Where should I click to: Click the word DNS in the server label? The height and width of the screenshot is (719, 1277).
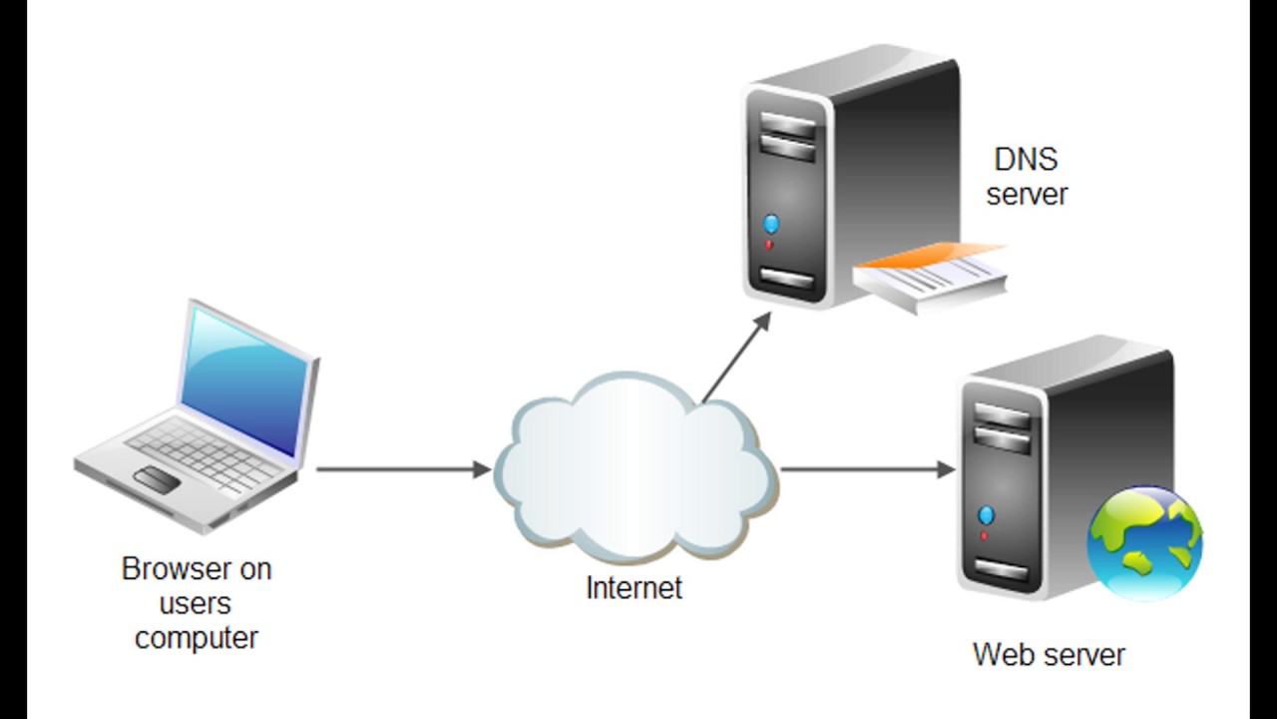[1026, 159]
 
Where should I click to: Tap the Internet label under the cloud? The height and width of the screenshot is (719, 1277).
[634, 588]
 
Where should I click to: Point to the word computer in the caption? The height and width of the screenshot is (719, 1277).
[197, 638]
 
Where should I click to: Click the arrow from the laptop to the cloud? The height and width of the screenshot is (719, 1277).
[404, 469]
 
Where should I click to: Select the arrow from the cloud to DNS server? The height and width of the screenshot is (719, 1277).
[736, 358]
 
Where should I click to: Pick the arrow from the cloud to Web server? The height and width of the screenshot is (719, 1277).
[867, 469]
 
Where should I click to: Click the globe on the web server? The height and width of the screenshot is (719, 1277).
[1144, 542]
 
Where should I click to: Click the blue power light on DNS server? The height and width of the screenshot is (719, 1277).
[771, 224]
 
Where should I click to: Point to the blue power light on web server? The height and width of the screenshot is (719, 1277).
[986, 515]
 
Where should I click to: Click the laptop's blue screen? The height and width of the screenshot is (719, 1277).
[245, 380]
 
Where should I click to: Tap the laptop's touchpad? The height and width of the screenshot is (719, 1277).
[157, 479]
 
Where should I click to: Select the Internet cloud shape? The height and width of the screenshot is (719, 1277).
[635, 466]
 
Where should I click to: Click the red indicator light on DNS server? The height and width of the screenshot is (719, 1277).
[768, 245]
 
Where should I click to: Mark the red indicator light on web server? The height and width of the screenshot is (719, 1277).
[984, 536]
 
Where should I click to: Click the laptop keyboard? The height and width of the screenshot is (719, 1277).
[206, 454]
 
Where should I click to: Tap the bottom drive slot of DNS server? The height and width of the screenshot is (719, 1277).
[787, 279]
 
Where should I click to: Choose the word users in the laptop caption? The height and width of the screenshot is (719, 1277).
[195, 604]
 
